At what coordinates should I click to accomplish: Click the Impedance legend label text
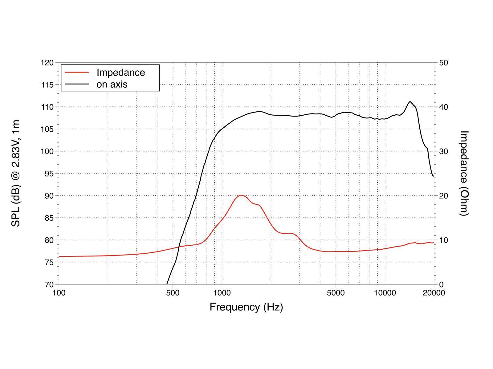pyautogui.click(x=120, y=73)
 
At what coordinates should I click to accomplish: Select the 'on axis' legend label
pyautogui.click(x=112, y=84)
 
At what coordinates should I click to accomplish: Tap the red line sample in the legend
pyautogui.click(x=77, y=73)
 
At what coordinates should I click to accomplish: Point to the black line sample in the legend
pyautogui.click(x=77, y=84)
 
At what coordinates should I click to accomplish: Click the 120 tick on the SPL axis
pyautogui.click(x=47, y=63)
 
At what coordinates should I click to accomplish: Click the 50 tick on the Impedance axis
pyautogui.click(x=443, y=63)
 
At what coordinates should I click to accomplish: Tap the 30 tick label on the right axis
pyautogui.click(x=443, y=152)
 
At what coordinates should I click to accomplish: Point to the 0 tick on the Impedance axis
pyautogui.click(x=441, y=284)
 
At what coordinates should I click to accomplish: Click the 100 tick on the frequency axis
pyautogui.click(x=59, y=293)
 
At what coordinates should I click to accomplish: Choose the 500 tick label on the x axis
pyautogui.click(x=173, y=293)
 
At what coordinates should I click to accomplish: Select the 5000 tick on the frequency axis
pyautogui.click(x=336, y=293)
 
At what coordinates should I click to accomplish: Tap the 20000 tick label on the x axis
pyautogui.click(x=434, y=293)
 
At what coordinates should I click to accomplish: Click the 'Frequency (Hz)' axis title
pyautogui.click(x=246, y=307)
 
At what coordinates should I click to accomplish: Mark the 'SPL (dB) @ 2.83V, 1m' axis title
pyautogui.click(x=15, y=173)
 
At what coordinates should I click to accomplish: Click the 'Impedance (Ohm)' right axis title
pyautogui.click(x=464, y=173)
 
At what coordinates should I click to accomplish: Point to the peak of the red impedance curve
pyautogui.click(x=241, y=195)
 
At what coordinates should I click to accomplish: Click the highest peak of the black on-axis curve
pyautogui.click(x=410, y=101)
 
